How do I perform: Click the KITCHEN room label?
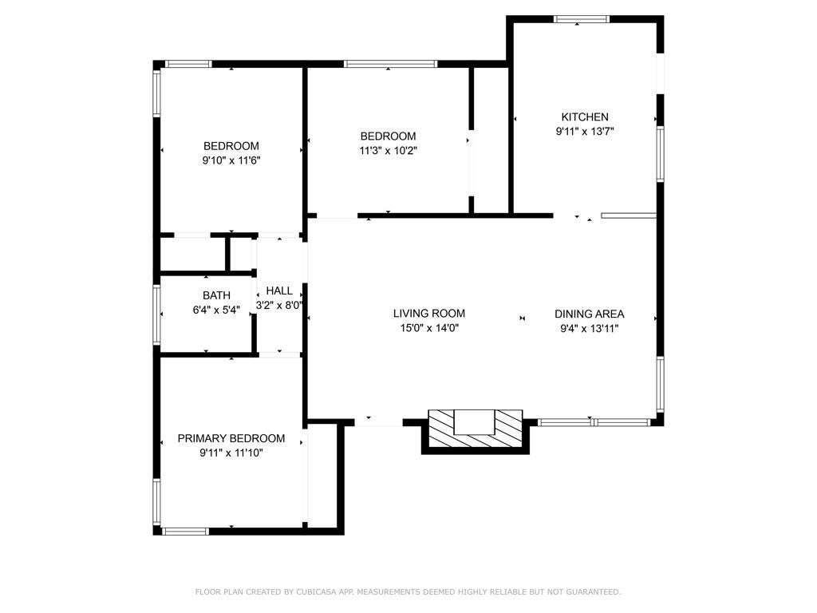[x=584, y=117]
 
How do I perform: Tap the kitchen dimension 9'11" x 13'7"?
[x=584, y=131]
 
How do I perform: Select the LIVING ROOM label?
[x=428, y=314]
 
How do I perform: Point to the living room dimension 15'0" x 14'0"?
[x=428, y=328]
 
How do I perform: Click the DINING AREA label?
[x=589, y=314]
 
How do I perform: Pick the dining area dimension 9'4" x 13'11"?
[x=589, y=328]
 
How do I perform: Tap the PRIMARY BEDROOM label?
[x=231, y=438]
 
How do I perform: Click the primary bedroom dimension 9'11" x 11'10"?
[x=231, y=453]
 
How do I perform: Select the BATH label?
[x=216, y=295]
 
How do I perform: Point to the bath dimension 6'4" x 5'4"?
[x=216, y=310]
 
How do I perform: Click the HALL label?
[x=279, y=291]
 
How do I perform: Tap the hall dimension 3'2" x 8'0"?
[x=279, y=305]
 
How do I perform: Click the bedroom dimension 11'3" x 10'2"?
[x=388, y=150]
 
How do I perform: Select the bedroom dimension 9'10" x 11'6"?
[x=231, y=160]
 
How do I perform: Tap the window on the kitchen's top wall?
[x=582, y=19]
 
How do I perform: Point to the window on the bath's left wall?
[x=157, y=314]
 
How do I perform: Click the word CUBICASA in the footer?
[x=315, y=592]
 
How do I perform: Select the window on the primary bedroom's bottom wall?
[x=186, y=530]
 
